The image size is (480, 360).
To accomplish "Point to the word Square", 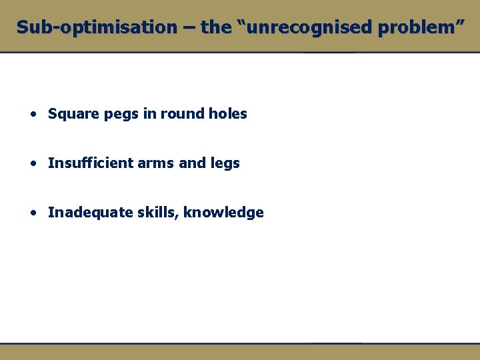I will [x=70, y=114].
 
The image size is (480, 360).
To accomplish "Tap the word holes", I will [x=227, y=114].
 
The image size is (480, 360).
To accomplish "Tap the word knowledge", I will [x=223, y=213].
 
